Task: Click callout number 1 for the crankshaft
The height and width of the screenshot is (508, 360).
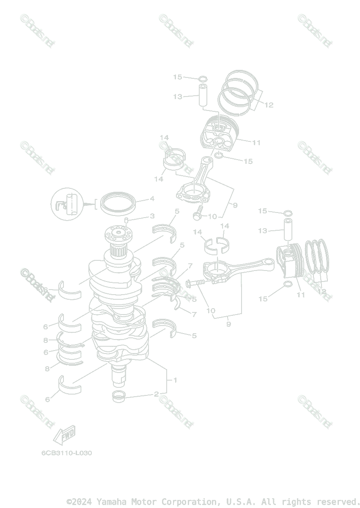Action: (175, 380)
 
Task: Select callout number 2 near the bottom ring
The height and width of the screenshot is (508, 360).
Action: (156, 394)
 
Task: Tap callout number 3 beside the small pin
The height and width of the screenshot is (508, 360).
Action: (152, 216)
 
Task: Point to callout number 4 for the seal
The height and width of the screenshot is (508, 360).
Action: (151, 199)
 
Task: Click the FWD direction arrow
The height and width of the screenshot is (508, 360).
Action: (63, 435)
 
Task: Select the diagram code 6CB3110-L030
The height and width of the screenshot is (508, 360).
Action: (66, 453)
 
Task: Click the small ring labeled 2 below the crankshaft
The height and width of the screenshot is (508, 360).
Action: (120, 397)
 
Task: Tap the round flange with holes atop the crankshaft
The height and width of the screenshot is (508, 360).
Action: (118, 234)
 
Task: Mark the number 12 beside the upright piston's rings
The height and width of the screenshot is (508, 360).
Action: (269, 105)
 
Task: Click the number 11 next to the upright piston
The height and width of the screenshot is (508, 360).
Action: (256, 143)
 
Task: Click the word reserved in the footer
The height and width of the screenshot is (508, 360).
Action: (338, 502)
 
